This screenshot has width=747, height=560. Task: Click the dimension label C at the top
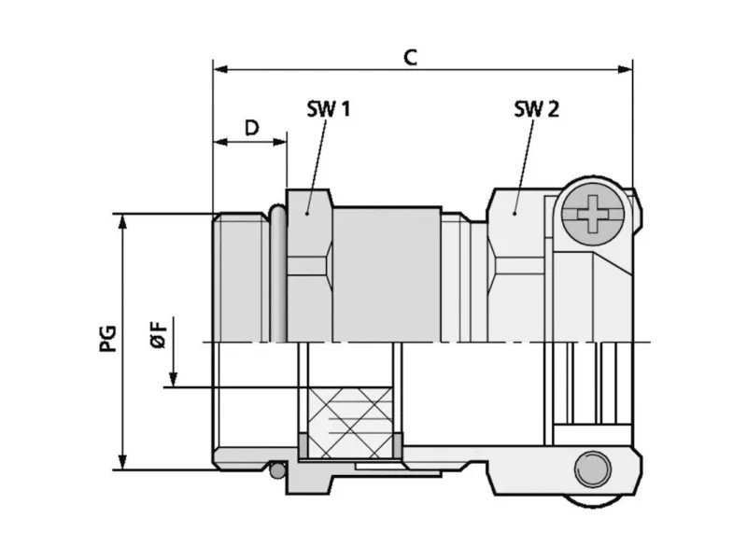[410, 58]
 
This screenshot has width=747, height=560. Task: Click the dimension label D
[251, 128]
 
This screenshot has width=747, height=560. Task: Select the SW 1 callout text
[329, 109]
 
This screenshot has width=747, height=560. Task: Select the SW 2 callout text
[536, 109]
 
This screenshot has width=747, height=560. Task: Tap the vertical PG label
[107, 339]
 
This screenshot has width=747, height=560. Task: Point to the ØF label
[159, 334]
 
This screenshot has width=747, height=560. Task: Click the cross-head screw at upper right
[593, 214]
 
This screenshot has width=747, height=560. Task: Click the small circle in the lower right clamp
[593, 469]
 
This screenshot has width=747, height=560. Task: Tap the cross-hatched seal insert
[351, 423]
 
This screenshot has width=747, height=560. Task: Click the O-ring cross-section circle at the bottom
[277, 471]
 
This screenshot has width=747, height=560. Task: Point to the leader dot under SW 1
[307, 214]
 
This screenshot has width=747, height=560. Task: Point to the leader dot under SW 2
[514, 214]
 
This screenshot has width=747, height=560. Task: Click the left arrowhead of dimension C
[220, 69]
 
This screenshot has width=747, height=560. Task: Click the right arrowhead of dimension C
[625, 69]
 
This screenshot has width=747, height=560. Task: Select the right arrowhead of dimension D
[279, 142]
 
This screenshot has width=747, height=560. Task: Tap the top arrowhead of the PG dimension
[122, 221]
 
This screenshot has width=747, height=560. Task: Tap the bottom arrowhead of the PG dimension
[122, 462]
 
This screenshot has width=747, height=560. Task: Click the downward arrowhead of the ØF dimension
[174, 379]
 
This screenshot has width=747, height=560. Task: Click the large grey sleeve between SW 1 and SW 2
[387, 274]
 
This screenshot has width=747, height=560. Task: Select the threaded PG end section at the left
[241, 277]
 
